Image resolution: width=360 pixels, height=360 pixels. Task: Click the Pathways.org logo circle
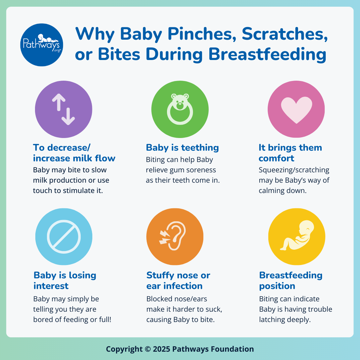[42, 45]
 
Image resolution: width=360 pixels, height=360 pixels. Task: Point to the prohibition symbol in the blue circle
[64, 236]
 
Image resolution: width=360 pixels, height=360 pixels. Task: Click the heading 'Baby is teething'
[182, 148]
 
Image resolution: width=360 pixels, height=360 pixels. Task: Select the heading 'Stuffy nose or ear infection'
[178, 281]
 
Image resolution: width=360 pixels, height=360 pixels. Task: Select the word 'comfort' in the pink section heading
[276, 158]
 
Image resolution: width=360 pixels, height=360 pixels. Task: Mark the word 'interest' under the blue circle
[51, 286]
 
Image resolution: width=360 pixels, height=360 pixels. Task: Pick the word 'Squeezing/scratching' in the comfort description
[294, 170]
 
